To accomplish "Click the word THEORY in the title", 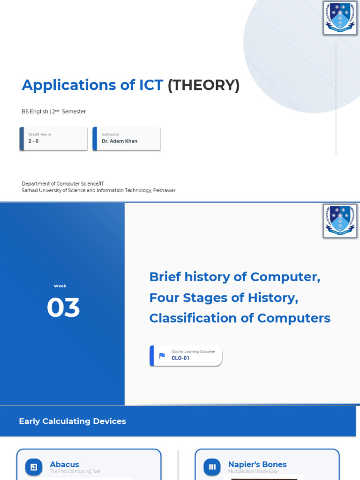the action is pyautogui.click(x=203, y=85).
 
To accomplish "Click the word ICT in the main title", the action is pyautogui.click(x=151, y=85).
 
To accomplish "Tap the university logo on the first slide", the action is pyautogui.click(x=340, y=18).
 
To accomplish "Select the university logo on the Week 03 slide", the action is pyautogui.click(x=340, y=221).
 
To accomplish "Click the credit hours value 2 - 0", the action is pyautogui.click(x=33, y=141).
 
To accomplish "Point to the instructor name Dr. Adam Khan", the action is pyautogui.click(x=120, y=141).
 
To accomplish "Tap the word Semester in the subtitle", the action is pyautogui.click(x=74, y=112).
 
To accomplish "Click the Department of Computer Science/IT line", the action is pyautogui.click(x=63, y=184).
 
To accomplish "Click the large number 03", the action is pyautogui.click(x=63, y=307).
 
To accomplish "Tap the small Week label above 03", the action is pyautogui.click(x=60, y=286).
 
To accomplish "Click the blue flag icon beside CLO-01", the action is pyautogui.click(x=162, y=356).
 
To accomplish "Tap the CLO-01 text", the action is pyautogui.click(x=180, y=358).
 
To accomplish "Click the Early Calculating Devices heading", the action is pyautogui.click(x=73, y=421).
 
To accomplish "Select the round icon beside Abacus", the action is pyautogui.click(x=34, y=467).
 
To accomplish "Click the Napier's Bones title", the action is pyautogui.click(x=257, y=465).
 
